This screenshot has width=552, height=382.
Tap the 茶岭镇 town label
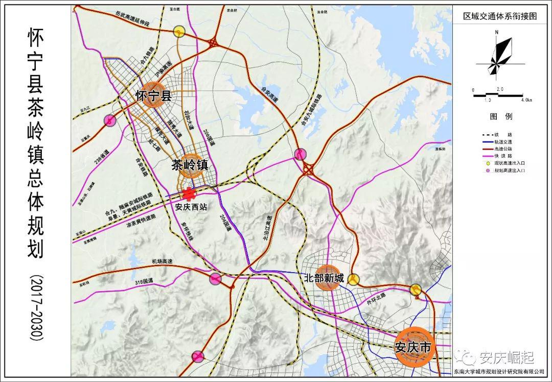(x=190, y=165)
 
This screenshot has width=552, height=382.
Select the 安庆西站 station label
(x=191, y=208)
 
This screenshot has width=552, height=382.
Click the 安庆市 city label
(x=414, y=348)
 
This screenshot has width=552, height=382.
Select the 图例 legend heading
(x=501, y=116)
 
